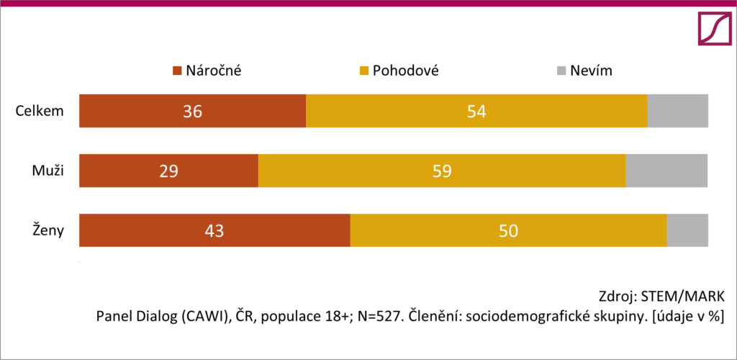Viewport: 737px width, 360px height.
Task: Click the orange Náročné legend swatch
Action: click(x=176, y=71)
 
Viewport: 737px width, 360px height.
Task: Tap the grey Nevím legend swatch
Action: click(x=561, y=71)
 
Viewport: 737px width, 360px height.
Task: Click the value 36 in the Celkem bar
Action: click(x=192, y=112)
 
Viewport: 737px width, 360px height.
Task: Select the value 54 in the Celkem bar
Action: click(x=476, y=112)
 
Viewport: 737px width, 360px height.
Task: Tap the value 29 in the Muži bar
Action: click(x=168, y=171)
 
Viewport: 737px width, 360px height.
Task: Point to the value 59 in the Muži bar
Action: click(x=441, y=171)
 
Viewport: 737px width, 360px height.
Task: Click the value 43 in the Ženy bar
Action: click(x=214, y=231)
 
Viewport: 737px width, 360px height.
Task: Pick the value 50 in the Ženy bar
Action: click(x=508, y=231)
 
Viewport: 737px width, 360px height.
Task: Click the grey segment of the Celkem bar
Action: click(x=677, y=111)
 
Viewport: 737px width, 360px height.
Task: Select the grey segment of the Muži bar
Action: click(x=666, y=171)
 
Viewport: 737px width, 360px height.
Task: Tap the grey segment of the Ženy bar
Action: click(x=687, y=230)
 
